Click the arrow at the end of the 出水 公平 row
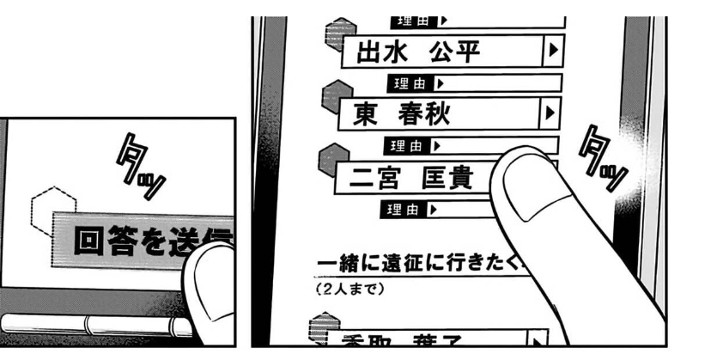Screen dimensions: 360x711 click(x=553, y=52)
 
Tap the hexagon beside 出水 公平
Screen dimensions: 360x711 click(x=333, y=35)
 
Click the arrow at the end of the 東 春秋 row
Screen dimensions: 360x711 click(x=551, y=113)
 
